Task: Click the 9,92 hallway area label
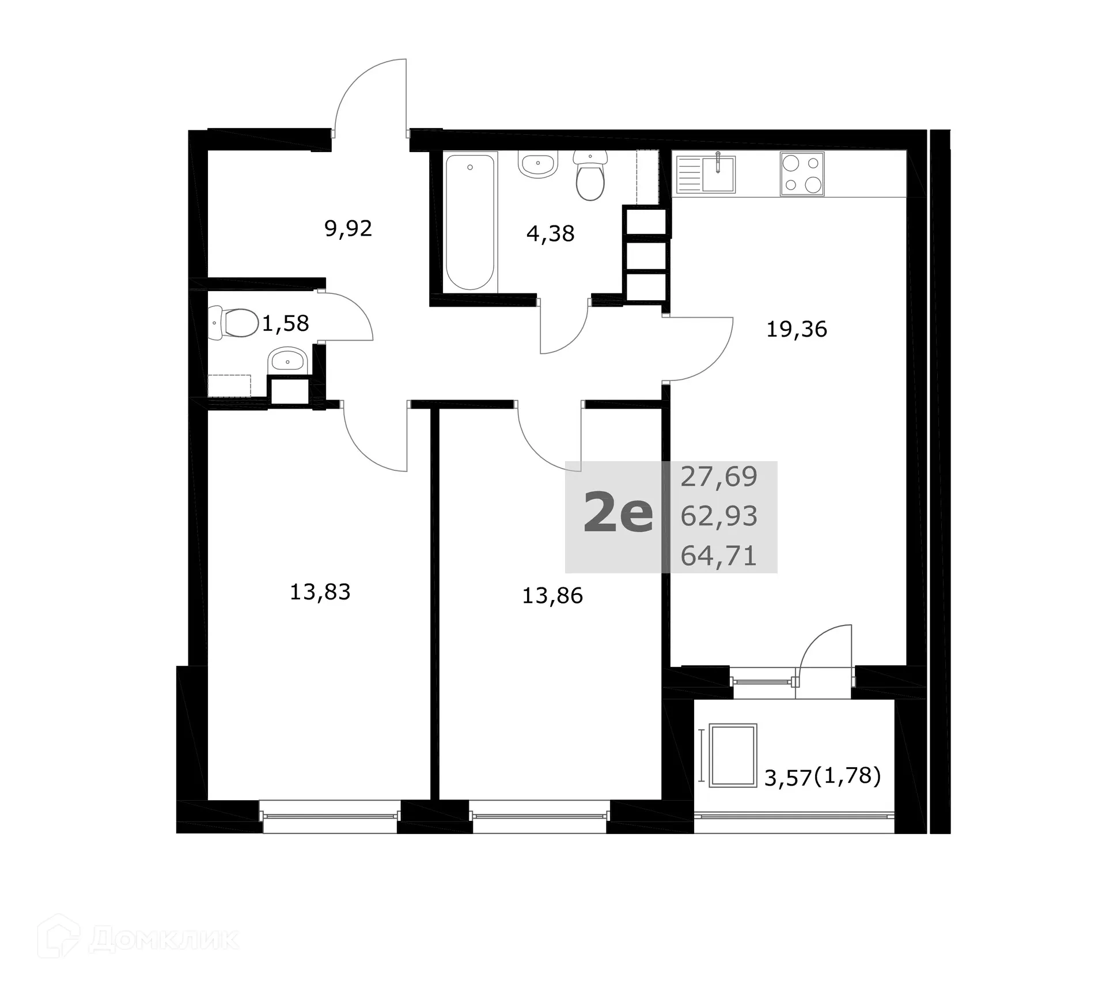(348, 229)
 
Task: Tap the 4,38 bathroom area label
(550, 233)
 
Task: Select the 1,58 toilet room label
(285, 323)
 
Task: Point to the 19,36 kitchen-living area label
(796, 329)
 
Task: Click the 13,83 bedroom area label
(320, 592)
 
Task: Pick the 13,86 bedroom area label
(552, 595)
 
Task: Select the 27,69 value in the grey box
(718, 477)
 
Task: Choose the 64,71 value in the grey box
(718, 556)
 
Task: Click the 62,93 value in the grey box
(718, 516)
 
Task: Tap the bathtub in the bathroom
(471, 222)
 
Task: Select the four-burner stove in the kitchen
(802, 174)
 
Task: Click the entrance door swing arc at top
(369, 95)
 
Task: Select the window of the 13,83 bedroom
(330, 816)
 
